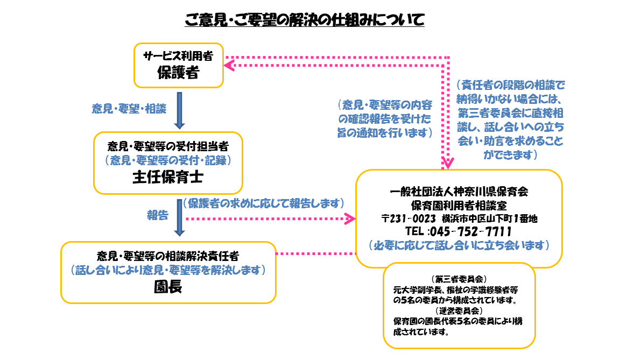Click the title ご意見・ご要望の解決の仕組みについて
(x=305, y=20)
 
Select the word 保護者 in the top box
(x=178, y=73)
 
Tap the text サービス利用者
(x=178, y=57)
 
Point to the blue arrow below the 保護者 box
(x=180, y=110)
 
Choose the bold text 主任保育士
(x=167, y=178)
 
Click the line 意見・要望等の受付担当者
(x=167, y=146)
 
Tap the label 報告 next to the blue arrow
(x=158, y=215)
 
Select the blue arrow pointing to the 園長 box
(x=180, y=218)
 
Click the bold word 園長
(x=167, y=287)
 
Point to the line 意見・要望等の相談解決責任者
(x=168, y=255)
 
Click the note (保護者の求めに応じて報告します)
(x=263, y=203)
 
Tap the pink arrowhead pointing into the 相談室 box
(x=350, y=218)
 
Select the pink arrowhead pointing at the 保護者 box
(x=229, y=65)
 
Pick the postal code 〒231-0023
(x=407, y=218)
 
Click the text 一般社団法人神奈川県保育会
(x=459, y=191)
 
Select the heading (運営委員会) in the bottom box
(x=459, y=311)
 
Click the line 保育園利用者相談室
(x=459, y=205)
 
